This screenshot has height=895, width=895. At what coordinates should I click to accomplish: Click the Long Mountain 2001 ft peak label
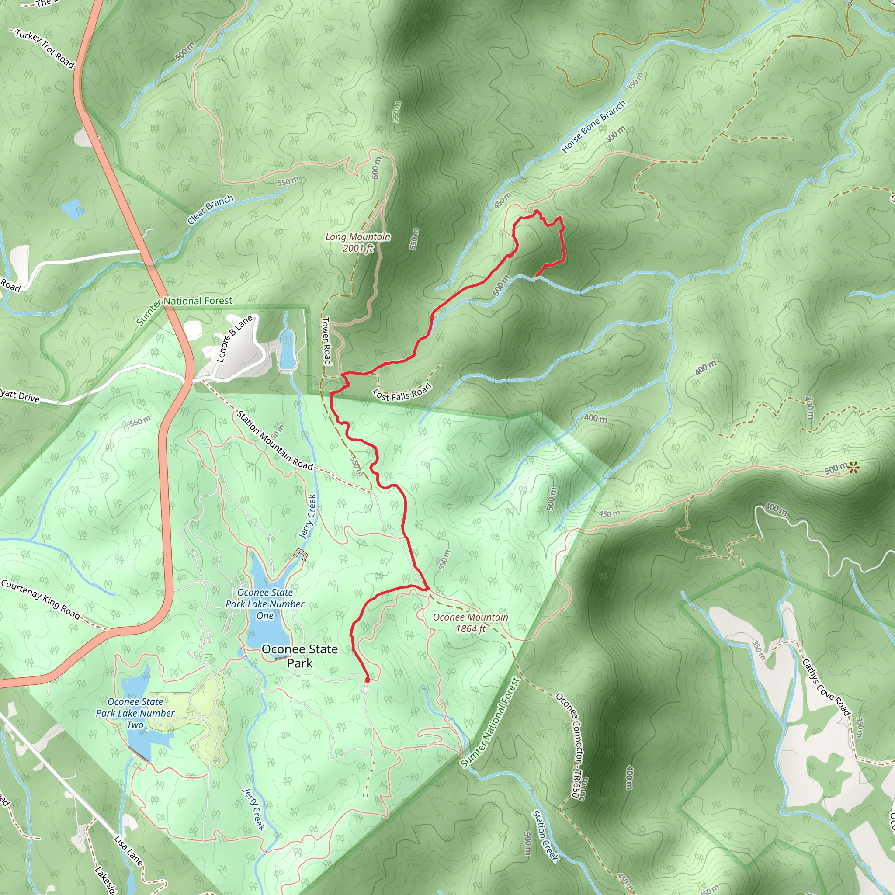(x=357, y=242)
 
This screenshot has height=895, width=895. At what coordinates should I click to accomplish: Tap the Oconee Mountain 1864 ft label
(x=470, y=623)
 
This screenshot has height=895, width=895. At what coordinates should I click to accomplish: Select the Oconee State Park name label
(x=299, y=656)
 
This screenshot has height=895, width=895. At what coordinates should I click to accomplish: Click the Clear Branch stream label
(x=210, y=209)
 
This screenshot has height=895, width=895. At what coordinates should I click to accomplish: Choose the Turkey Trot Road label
(x=45, y=48)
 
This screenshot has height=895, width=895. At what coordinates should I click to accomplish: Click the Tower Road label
(x=326, y=340)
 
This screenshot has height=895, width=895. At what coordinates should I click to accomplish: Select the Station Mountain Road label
(x=275, y=440)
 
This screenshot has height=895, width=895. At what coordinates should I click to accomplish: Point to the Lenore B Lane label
(x=235, y=338)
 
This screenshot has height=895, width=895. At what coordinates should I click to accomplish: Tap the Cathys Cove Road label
(x=826, y=687)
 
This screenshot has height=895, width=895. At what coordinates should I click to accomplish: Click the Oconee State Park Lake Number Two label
(x=135, y=713)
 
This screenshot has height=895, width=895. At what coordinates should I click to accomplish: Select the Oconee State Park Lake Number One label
(x=265, y=604)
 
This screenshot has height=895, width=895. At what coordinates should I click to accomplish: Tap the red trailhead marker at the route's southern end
(x=368, y=680)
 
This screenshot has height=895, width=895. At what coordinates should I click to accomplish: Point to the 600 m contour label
(x=376, y=168)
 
